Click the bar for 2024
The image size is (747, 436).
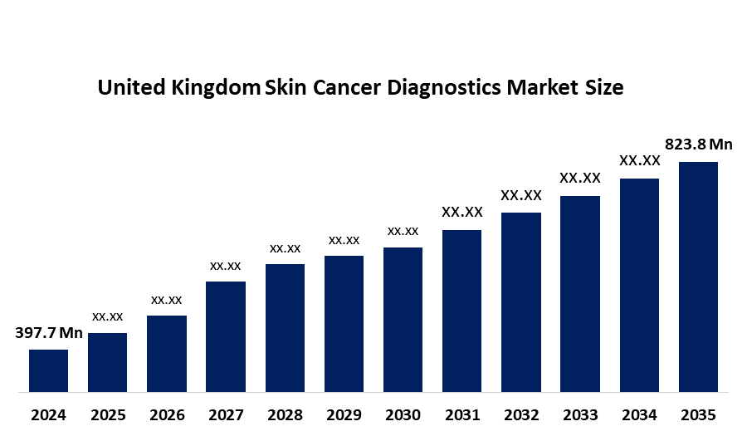48,370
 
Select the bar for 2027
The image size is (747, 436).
225,336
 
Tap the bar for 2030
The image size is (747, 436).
403,320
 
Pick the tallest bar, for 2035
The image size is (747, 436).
698,277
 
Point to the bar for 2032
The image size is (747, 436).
521,302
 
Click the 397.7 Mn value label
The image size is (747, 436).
49,334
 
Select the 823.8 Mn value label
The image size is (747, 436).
699,145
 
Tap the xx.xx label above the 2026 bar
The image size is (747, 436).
166,300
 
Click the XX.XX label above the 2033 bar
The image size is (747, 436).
580,178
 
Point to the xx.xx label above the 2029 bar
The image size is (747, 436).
344,240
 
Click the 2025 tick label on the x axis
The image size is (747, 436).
108,414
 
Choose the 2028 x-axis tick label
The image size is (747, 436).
285,414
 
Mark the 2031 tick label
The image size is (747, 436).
461,414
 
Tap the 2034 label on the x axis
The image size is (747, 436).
639,414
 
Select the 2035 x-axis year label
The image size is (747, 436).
698,414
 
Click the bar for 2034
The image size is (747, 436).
639,285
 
